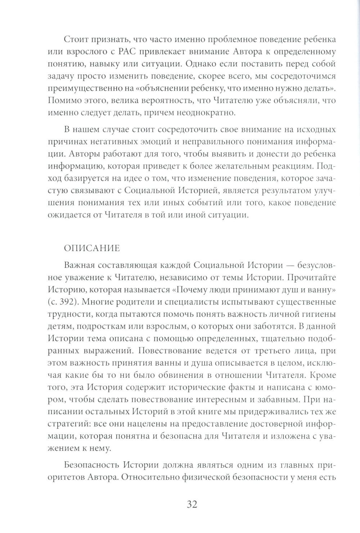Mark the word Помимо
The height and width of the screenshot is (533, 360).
[64, 101]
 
